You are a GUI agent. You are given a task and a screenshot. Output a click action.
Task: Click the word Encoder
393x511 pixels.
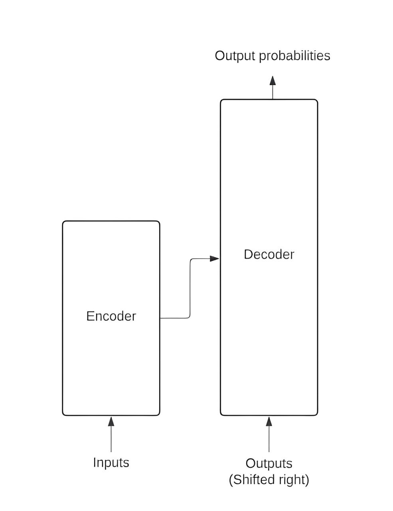pos(111,316)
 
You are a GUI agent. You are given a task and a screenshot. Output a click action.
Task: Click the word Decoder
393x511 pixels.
pos(269,254)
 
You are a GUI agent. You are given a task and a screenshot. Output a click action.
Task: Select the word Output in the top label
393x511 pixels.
pos(235,55)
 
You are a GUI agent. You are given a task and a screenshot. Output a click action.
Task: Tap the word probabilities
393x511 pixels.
pos(294,56)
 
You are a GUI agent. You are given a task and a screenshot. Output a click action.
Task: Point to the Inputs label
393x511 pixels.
pos(111,462)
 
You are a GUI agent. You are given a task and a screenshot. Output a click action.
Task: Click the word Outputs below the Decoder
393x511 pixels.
pos(269,463)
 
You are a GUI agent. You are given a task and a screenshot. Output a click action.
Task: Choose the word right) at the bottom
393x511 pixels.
pos(295,479)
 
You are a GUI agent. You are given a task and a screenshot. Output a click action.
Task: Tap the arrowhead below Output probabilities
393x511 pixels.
pos(273,80)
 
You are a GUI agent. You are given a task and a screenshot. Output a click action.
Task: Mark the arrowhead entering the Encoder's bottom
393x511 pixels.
pos(111,421)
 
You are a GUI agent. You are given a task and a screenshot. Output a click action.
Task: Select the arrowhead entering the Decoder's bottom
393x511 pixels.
pos(269,421)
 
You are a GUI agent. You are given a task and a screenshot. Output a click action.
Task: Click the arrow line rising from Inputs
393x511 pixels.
pos(111,439)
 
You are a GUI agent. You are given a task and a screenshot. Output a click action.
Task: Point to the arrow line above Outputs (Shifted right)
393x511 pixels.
pos(269,439)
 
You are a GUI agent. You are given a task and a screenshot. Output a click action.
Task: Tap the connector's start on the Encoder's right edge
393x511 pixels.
pos(160,318)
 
